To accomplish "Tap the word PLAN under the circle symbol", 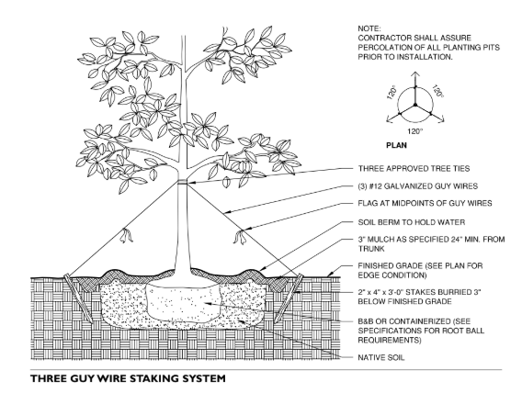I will tap(393, 144).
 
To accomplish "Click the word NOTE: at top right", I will tap(367, 28).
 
